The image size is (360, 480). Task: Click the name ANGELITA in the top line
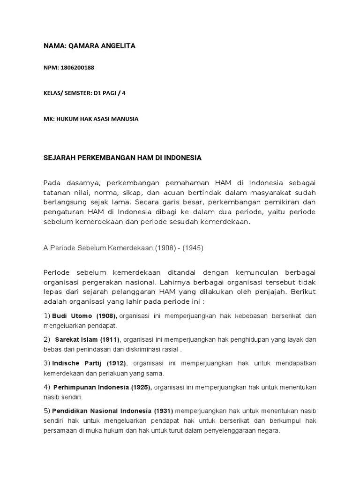[x=114, y=45]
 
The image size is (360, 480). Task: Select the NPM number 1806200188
[x=77, y=67]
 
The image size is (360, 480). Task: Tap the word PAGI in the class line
[x=113, y=93]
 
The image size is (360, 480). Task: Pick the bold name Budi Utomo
[x=72, y=316]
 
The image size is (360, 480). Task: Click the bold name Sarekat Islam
[x=76, y=339]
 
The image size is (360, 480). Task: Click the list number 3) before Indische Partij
[x=47, y=363]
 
